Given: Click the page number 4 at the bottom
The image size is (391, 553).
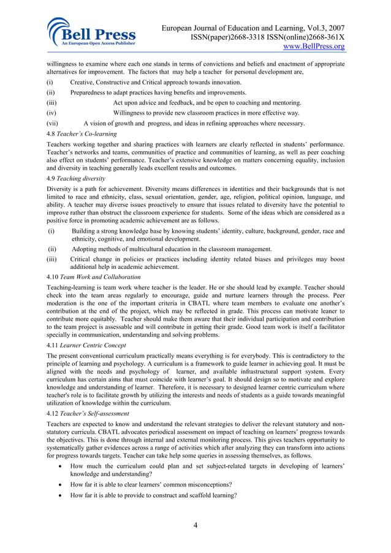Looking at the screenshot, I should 195,524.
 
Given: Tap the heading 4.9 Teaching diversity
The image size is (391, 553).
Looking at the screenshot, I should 76,178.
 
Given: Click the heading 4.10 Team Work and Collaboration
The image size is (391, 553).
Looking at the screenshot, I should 94,277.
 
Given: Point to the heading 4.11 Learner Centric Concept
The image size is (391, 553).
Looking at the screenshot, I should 87,345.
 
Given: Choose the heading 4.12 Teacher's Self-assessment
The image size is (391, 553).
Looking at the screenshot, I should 88,413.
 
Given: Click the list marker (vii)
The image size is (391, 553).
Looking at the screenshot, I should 53,123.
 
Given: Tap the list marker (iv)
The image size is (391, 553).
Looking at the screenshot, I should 52,113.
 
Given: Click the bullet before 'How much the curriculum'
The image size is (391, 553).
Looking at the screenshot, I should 58,467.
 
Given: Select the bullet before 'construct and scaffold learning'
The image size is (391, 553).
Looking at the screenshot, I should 58,495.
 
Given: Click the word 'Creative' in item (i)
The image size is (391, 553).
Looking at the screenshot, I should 83,82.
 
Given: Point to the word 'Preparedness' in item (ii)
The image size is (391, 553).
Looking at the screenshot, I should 90,92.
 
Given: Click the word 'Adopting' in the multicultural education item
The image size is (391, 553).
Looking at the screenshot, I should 85,249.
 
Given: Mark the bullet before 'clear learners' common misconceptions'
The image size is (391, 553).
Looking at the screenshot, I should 58,484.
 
